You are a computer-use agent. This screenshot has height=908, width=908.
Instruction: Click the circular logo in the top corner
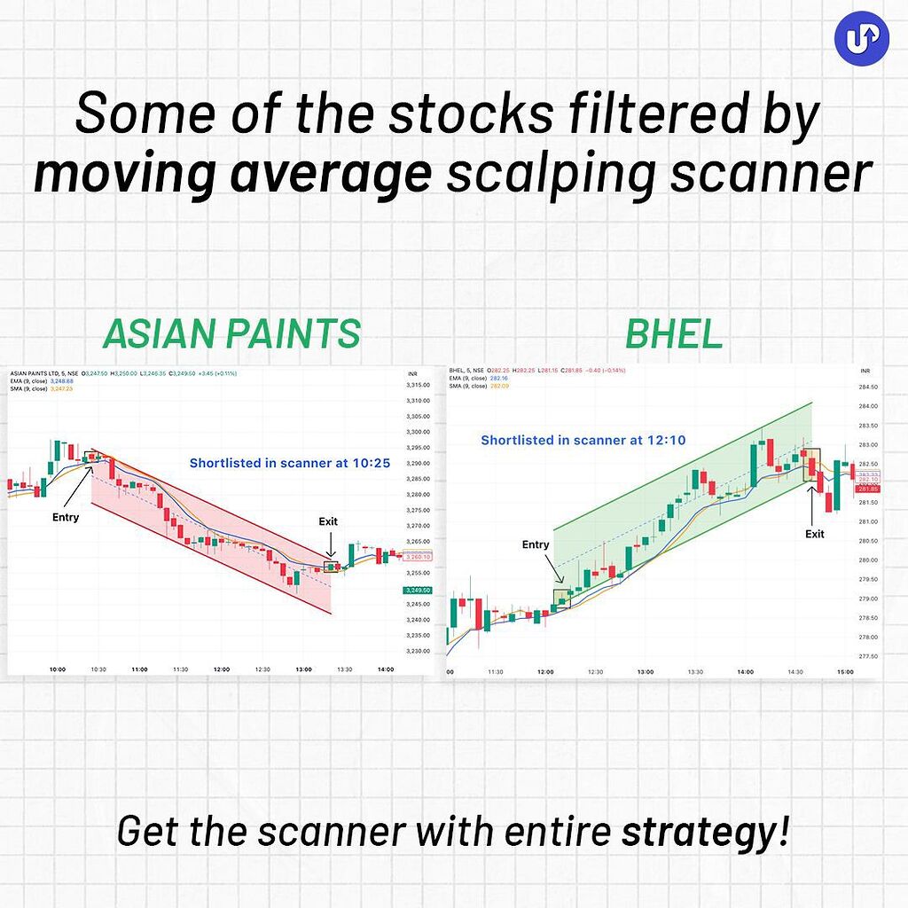861,38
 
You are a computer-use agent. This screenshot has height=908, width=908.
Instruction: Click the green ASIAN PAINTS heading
231,334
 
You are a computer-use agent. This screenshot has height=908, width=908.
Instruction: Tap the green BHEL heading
674,334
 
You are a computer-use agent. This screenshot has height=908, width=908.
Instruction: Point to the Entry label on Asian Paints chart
66,517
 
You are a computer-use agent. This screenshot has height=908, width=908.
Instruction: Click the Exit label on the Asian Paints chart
328,521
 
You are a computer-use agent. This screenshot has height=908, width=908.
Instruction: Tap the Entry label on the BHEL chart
536,544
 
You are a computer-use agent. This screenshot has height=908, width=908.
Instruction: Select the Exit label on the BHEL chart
814,534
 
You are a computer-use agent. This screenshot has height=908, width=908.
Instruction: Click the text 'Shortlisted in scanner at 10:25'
290,463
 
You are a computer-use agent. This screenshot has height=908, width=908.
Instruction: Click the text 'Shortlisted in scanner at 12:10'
583,440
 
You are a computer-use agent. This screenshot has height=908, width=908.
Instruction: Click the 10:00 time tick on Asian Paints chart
59,669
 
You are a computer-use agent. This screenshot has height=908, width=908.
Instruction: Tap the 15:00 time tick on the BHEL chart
845,672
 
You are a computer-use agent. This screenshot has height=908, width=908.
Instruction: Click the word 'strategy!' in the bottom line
704,833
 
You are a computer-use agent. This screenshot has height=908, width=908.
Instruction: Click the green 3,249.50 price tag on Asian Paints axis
417,590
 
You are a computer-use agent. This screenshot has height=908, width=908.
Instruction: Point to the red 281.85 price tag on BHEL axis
867,489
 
